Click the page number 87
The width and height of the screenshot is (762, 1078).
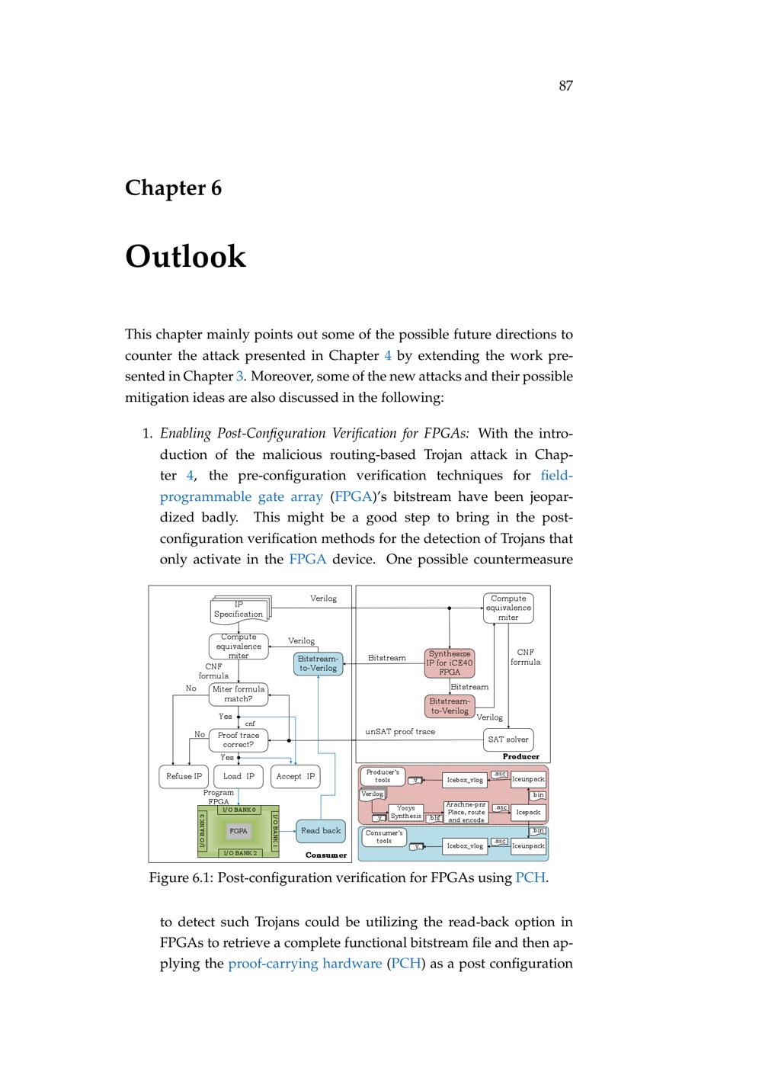click(565, 86)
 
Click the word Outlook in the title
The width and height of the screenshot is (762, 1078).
click(185, 257)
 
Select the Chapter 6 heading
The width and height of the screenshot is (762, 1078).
click(173, 188)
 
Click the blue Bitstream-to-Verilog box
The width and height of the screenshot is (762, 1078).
click(317, 663)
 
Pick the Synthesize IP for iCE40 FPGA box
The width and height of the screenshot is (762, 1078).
click(450, 663)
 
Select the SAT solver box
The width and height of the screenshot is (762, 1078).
click(507, 740)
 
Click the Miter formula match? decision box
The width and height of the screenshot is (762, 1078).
click(239, 694)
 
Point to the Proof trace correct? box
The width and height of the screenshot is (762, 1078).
click(239, 740)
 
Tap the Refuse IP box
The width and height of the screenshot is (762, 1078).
click(184, 776)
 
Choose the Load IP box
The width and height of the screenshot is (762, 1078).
click(239, 776)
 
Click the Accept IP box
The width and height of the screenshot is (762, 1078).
click(295, 776)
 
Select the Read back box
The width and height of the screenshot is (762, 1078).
click(321, 830)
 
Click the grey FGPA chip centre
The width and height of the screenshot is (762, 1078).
click(239, 831)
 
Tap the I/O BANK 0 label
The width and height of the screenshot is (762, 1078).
click(239, 810)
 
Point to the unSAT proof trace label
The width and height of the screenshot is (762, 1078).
click(400, 732)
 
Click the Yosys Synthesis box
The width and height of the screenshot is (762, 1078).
click(405, 813)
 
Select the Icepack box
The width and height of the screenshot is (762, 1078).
click(528, 813)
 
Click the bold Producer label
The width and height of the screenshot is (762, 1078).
click(520, 756)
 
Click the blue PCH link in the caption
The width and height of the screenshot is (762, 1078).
click(530, 877)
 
